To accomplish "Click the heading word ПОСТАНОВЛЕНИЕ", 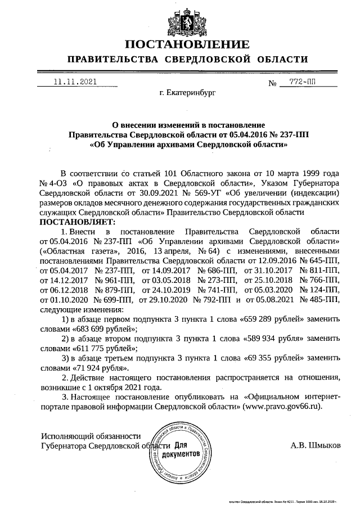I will [186, 44].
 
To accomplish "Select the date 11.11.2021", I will [75, 82].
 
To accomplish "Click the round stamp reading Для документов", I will [179, 450].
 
